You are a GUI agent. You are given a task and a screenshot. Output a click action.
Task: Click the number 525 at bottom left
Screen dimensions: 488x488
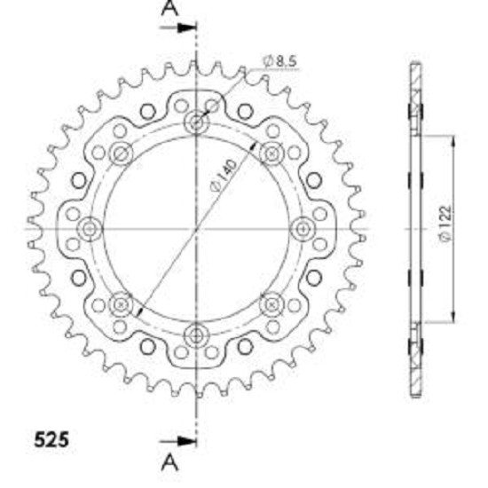click(51, 440)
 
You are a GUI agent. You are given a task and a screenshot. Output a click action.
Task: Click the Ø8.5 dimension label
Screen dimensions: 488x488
click(279, 61)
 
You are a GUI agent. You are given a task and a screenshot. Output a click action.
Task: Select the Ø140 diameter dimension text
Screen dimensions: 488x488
click(224, 175)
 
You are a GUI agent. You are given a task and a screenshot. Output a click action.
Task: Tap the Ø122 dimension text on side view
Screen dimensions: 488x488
click(445, 223)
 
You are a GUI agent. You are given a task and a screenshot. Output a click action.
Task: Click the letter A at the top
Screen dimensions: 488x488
click(169, 8)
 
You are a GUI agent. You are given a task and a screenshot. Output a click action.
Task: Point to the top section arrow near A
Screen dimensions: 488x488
click(177, 28)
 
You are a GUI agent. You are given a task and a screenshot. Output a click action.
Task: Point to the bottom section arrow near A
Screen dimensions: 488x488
click(177, 441)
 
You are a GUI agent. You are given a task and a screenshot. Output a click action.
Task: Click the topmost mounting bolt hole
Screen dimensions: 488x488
click(196, 122)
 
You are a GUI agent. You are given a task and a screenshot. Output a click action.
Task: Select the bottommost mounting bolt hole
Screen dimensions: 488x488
click(196, 336)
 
